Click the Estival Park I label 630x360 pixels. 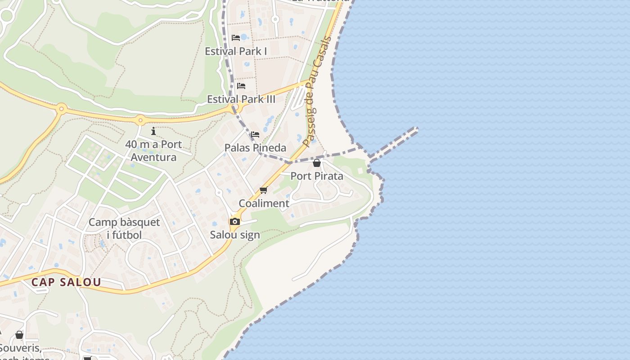[236, 51]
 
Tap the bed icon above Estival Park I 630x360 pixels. [236, 37]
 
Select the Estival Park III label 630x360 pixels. [241, 99]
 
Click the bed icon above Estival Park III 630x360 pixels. [241, 85]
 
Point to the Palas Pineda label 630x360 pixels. [255, 148]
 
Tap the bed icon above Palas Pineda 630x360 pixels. [255, 134]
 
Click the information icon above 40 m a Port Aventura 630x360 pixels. [153, 131]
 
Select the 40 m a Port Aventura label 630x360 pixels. [153, 151]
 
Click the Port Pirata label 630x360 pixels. [317, 176]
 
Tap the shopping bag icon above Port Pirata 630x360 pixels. [317, 163]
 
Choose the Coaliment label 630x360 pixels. [264, 203]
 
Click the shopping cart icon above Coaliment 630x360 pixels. [264, 190]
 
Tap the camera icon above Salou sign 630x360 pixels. [234, 221]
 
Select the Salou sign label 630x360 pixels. [235, 235]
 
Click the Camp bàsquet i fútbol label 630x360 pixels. [124, 228]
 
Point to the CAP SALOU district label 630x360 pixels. [66, 283]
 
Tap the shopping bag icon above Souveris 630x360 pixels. [19, 335]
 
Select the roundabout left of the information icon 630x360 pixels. [140, 120]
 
